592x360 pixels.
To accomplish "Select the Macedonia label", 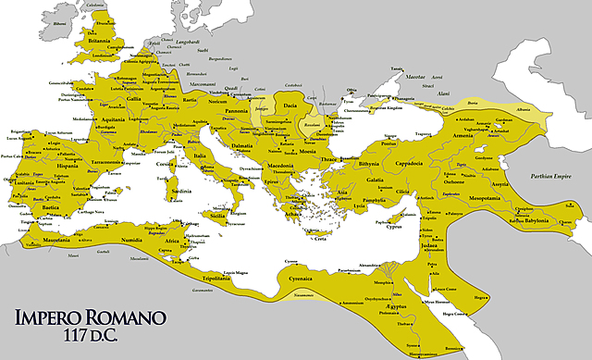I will [283, 166].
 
